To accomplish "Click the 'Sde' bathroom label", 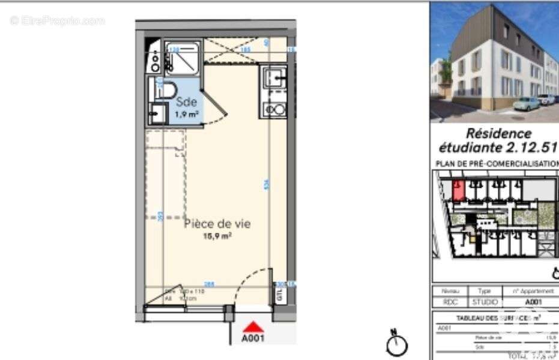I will [186, 103].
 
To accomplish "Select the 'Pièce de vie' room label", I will [217, 224].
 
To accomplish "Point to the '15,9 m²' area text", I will [217, 236].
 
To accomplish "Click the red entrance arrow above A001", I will [254, 327].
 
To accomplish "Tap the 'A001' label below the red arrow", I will [253, 338].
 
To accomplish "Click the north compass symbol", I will [397, 343].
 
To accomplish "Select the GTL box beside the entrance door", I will [279, 294].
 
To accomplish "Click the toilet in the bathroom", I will [164, 91].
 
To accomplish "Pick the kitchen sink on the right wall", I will [275, 78].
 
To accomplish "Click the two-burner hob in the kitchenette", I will [274, 109].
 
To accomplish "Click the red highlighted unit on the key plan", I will [458, 190].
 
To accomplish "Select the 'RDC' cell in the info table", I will [450, 302].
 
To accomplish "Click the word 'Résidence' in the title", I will [498, 133].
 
